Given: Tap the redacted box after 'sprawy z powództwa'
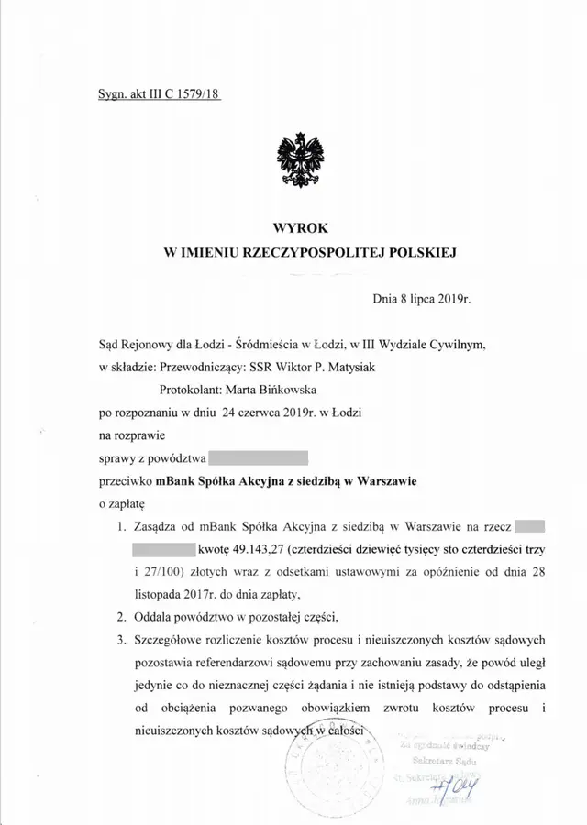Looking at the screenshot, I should click(258, 456).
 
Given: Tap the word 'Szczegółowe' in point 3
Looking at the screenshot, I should click(176, 640).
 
